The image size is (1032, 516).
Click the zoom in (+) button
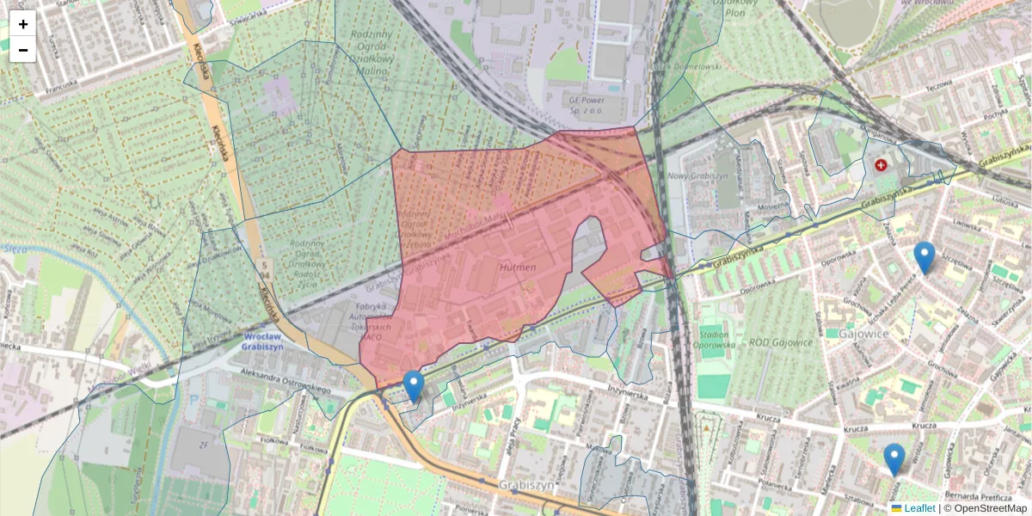click(x=23, y=24)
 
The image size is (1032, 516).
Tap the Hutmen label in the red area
click(x=517, y=268)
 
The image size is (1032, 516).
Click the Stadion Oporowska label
click(x=715, y=339)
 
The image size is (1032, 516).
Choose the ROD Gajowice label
click(x=781, y=343)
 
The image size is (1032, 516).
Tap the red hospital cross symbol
click(x=881, y=164)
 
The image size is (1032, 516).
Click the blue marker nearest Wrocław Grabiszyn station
click(x=414, y=386)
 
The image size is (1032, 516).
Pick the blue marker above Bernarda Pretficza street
click(x=894, y=458)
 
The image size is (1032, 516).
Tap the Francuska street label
click(x=67, y=85)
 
